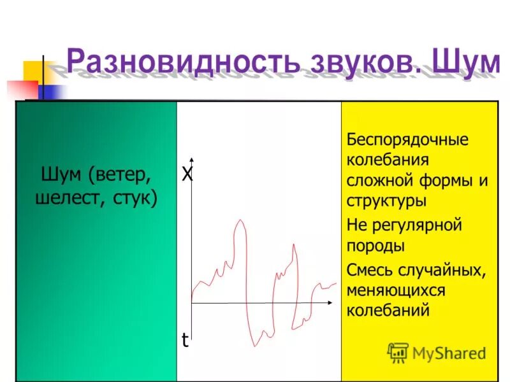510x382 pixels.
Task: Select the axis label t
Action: [x=185, y=341]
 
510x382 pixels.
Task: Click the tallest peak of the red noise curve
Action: [x=240, y=221]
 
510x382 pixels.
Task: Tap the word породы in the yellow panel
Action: [x=375, y=246]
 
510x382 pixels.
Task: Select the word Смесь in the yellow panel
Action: [x=368, y=270]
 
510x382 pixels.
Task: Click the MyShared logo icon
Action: [x=398, y=352]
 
